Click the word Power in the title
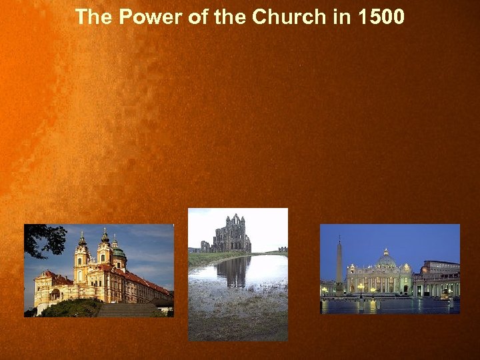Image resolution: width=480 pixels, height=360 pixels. point(142,17)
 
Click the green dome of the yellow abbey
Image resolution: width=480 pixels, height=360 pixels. point(118,253)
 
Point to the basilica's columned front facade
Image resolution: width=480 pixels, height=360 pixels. point(379,282)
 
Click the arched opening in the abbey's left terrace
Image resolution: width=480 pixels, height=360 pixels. point(55,294)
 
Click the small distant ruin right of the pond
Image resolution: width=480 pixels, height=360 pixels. point(283,249)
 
